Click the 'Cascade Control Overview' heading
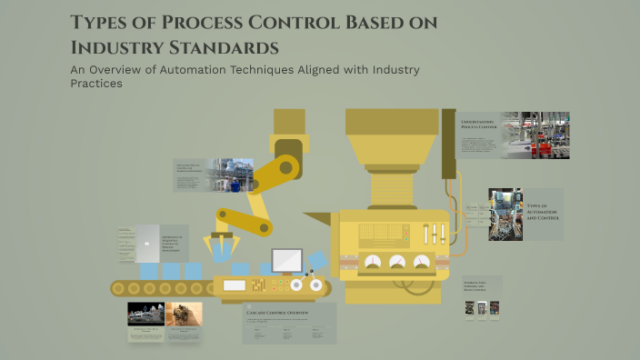coord(278,312)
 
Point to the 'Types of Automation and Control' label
coord(544,213)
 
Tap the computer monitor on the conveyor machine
coord(287,260)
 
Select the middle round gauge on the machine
coord(397,262)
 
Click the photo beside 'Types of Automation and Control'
coord(505,215)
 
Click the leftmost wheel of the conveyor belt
coord(117,289)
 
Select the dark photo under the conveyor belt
coord(145,315)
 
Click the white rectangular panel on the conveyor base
coord(235,285)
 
